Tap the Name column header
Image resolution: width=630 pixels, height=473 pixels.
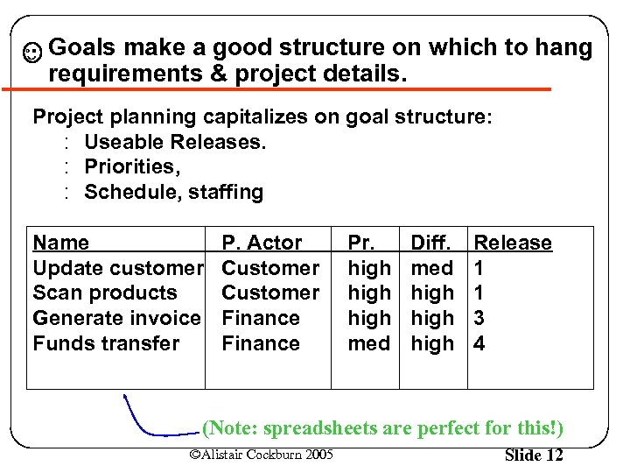click(60, 243)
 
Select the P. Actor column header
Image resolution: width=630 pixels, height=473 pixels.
click(262, 243)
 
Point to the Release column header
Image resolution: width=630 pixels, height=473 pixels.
click(513, 243)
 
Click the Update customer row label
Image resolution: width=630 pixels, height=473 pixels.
click(118, 268)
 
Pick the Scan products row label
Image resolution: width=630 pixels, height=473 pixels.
click(104, 293)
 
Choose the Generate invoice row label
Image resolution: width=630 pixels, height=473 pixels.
click(116, 318)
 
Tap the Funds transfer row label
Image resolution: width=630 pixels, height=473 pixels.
click(106, 343)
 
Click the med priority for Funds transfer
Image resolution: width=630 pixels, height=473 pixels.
click(368, 343)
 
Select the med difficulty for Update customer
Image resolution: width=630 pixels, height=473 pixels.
click(432, 268)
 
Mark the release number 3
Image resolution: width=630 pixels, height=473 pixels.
click(479, 318)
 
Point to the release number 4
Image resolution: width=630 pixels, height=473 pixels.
click(479, 343)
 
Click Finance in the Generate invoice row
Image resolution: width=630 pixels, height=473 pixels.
click(261, 318)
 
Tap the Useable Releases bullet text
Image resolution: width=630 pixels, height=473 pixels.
click(175, 141)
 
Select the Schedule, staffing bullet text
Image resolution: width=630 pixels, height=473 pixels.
click(173, 192)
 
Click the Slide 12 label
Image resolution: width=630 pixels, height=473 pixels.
click(534, 455)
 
